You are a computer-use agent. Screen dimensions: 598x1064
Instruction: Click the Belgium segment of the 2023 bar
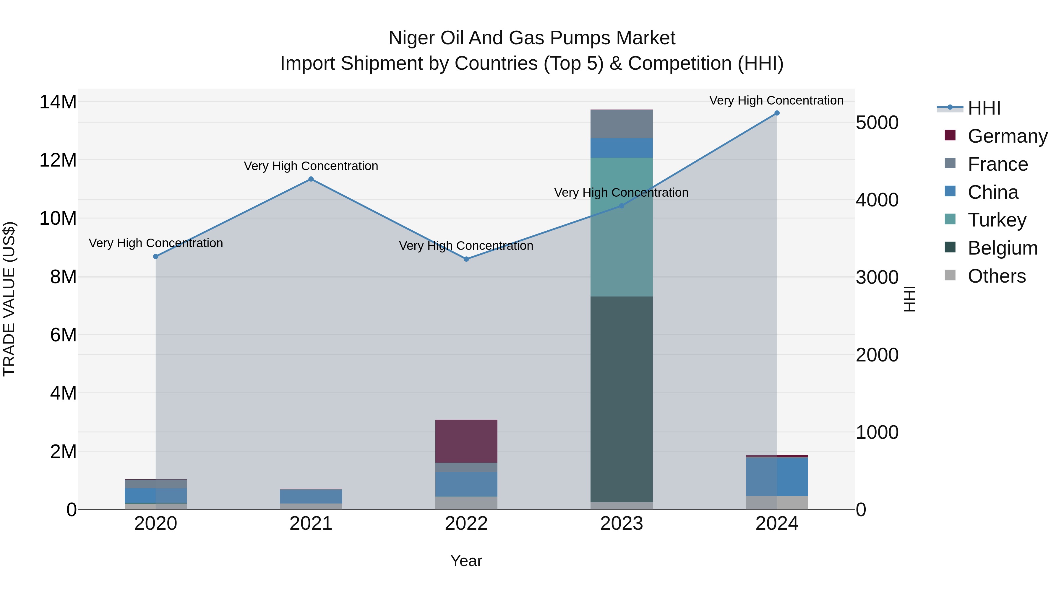click(x=621, y=399)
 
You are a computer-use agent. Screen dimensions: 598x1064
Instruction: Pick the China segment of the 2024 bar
click(x=776, y=476)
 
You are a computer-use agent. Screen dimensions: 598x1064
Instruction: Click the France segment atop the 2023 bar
click(x=621, y=124)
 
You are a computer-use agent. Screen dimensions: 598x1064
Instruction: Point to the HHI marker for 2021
click(x=311, y=179)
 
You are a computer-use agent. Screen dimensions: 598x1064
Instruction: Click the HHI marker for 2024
click(x=776, y=113)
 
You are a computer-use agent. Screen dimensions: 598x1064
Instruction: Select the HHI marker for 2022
click(x=466, y=259)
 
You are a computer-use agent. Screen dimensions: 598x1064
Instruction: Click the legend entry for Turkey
click(x=996, y=220)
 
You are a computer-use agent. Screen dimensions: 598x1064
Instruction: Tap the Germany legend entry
click(x=1007, y=136)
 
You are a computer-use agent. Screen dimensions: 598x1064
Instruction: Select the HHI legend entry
click(x=983, y=108)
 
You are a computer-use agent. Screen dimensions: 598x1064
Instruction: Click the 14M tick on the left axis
click(x=58, y=102)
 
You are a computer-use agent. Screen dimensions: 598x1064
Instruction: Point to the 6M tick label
click(x=63, y=335)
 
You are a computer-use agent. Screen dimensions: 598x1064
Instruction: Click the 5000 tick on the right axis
click(x=877, y=123)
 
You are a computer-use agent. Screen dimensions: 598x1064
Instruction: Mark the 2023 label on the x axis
click(x=621, y=524)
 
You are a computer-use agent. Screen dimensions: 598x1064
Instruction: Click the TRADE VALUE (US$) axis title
click(x=9, y=299)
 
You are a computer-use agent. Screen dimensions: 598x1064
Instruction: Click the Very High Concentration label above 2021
click(x=311, y=166)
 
